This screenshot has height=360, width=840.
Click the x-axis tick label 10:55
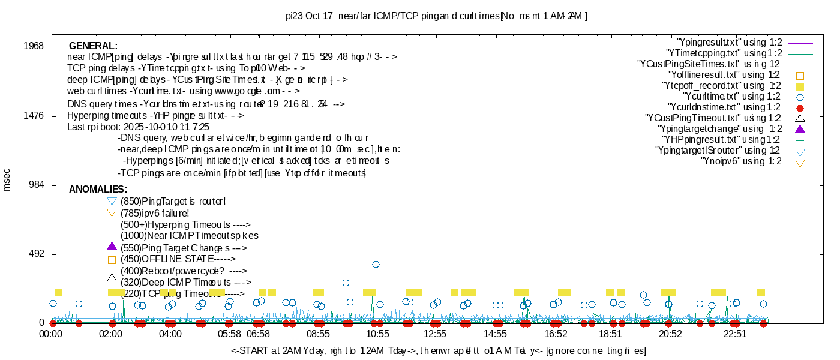point(378,334)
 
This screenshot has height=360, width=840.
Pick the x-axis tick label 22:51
point(735,334)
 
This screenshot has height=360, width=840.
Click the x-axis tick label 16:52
point(556,334)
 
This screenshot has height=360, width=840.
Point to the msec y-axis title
point(7,179)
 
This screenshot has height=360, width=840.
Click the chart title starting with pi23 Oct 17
point(436,16)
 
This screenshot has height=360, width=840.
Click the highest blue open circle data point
point(376,264)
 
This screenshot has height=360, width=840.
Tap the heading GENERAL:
point(93,46)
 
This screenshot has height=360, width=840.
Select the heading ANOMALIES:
point(98,190)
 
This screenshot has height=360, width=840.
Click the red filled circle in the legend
point(799,108)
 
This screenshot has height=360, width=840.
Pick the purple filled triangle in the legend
point(799,129)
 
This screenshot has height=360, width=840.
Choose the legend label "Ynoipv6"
point(741,161)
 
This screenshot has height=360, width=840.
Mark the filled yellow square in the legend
point(799,86)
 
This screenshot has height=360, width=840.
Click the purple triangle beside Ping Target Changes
point(111,246)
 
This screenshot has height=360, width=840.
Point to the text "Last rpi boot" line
point(138,127)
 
